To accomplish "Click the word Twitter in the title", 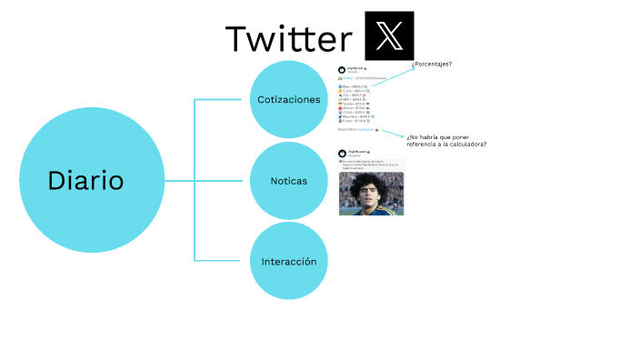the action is tap(288, 39).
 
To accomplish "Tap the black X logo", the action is tap(388, 36).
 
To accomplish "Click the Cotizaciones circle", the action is tap(288, 99).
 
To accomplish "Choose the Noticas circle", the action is tap(288, 181).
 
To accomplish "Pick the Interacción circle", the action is tap(288, 261).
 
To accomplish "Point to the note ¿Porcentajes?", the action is tap(432, 64).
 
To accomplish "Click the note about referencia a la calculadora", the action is tap(445, 141).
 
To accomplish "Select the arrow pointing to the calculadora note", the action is tap(393, 134).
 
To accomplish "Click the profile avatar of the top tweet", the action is tap(342, 69).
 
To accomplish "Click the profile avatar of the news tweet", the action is tap(342, 153).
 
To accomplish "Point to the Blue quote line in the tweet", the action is tap(351, 87).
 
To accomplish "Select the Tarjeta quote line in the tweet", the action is tap(352, 104).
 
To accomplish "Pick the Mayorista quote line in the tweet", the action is tap(354, 116).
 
